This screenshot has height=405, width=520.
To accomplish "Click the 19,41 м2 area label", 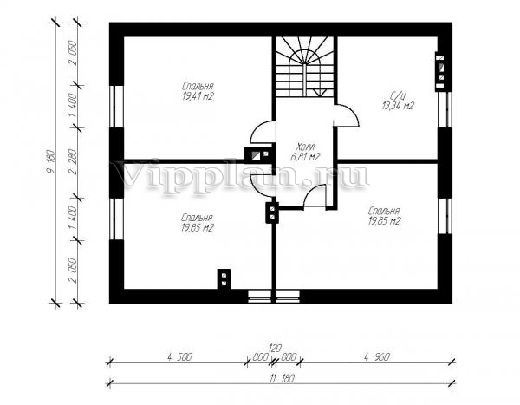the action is (x=198, y=97).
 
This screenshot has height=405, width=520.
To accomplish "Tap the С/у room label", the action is (x=397, y=97).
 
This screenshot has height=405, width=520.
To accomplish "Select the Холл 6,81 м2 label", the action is (x=305, y=152).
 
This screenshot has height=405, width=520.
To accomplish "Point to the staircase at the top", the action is (x=305, y=67).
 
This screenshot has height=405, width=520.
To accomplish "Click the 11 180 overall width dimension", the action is (x=282, y=378).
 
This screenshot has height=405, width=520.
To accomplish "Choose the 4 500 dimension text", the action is (x=179, y=357).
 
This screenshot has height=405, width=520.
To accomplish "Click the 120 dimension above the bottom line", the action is (x=275, y=349).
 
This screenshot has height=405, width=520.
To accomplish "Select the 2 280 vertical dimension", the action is (x=74, y=161).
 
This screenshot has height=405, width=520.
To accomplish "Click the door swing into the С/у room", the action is (x=347, y=115).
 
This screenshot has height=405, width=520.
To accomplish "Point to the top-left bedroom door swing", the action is (x=263, y=132).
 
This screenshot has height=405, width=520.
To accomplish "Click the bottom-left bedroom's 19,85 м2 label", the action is (x=198, y=228).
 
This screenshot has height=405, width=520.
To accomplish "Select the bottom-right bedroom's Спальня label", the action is (x=384, y=211).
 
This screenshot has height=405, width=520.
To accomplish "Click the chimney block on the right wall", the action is (x=440, y=71).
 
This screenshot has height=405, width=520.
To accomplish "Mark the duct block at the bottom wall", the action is (x=224, y=279).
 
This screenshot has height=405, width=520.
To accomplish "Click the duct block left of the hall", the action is (x=258, y=155).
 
